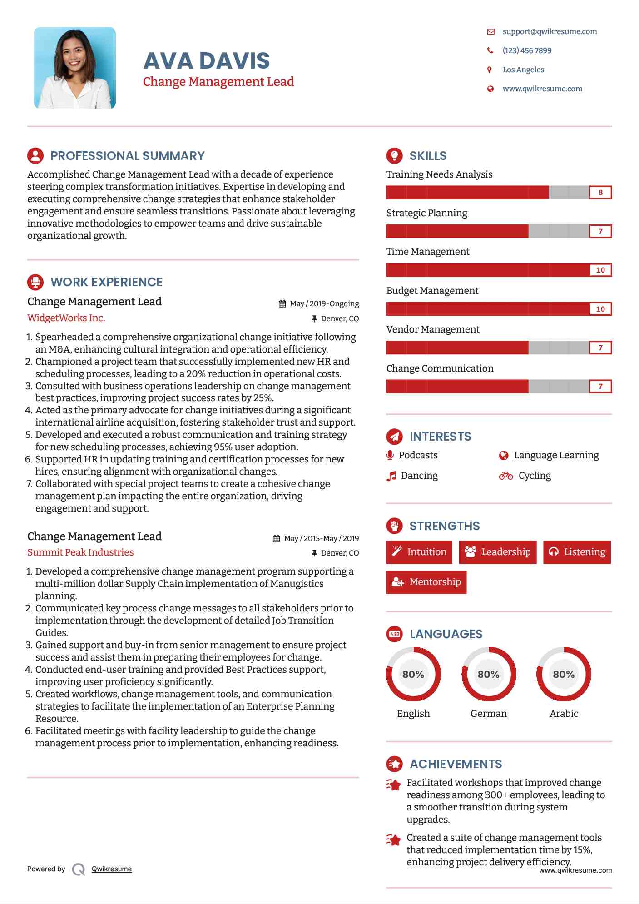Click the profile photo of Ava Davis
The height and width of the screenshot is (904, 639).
pos(75,68)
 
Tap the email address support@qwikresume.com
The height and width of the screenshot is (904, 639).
pos(550,31)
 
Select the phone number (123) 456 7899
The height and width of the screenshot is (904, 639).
pos(527,50)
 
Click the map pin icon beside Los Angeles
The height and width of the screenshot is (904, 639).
pos(490,70)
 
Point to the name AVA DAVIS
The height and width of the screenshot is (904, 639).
pos(207,61)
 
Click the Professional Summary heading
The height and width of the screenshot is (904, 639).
pos(127,156)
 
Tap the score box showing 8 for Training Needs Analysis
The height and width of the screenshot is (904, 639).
pos(600,193)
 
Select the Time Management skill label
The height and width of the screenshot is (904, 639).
pos(428,252)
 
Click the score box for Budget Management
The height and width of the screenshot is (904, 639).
pos(600,309)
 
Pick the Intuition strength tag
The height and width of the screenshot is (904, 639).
pos(419,552)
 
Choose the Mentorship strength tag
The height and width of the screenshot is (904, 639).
pos(426,582)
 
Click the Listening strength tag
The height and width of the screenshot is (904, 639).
pos(577,552)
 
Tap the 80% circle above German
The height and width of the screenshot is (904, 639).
pos(489,675)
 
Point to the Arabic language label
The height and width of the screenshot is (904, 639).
pos(564,714)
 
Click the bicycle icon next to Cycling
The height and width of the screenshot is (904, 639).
pos(506,476)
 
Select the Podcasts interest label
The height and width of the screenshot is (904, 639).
pos(418,455)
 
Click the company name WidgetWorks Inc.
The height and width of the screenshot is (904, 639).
pos(66,318)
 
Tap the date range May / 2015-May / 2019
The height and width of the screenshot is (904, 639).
pos(321,538)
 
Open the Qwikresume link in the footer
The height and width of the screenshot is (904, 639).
pos(112,869)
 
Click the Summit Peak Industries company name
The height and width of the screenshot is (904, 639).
pos(80,552)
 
